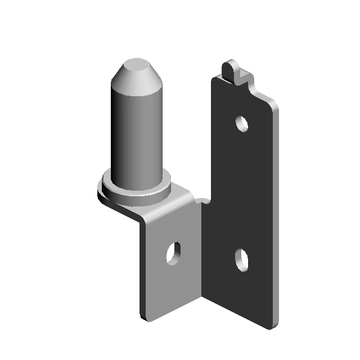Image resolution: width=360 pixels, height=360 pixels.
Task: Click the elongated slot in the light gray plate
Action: [x=173, y=253]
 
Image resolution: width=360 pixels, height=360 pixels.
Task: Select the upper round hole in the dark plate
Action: [x=242, y=123]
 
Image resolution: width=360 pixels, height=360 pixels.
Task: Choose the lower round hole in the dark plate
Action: [x=241, y=259]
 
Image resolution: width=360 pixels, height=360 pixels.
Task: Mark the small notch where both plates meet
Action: [x=204, y=200]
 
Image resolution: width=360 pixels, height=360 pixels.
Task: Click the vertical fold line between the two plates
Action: [x=201, y=253]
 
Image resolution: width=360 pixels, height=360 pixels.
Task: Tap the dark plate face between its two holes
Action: [x=242, y=191]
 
